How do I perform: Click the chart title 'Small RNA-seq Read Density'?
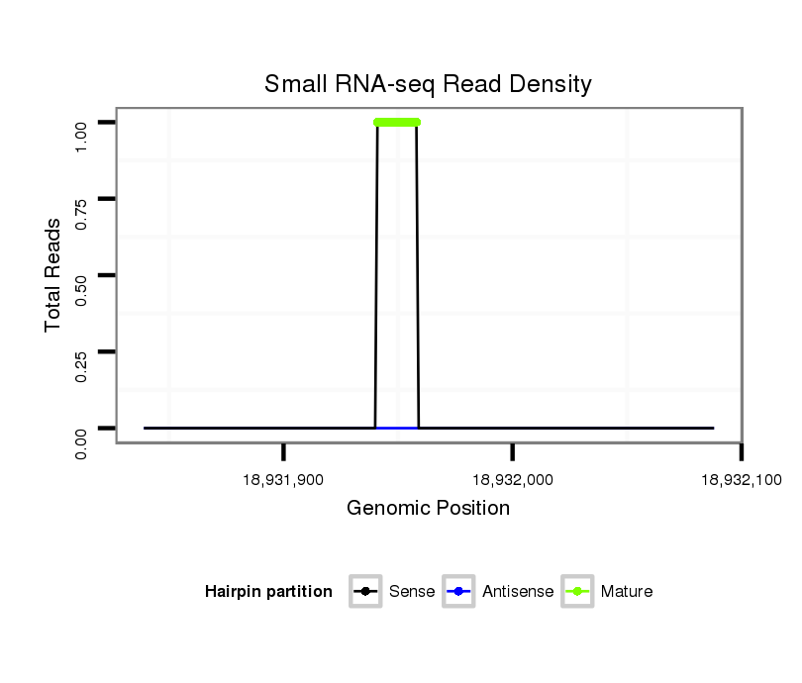(428, 84)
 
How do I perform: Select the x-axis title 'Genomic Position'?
(428, 509)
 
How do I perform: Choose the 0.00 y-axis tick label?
(82, 440)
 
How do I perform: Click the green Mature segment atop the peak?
(397, 123)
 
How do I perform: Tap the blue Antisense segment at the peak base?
(397, 428)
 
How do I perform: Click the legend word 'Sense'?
(412, 592)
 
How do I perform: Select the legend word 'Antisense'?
(518, 592)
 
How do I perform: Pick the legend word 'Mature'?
(627, 592)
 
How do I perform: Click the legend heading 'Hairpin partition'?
(268, 592)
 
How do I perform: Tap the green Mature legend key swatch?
(576, 592)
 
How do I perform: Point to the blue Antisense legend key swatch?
(460, 592)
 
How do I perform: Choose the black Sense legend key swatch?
(365, 592)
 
